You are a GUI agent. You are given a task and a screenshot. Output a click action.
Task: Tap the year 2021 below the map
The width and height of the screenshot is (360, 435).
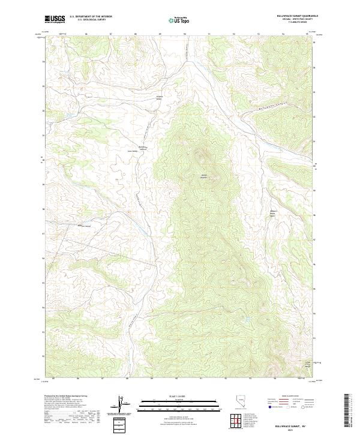coord(291,428)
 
